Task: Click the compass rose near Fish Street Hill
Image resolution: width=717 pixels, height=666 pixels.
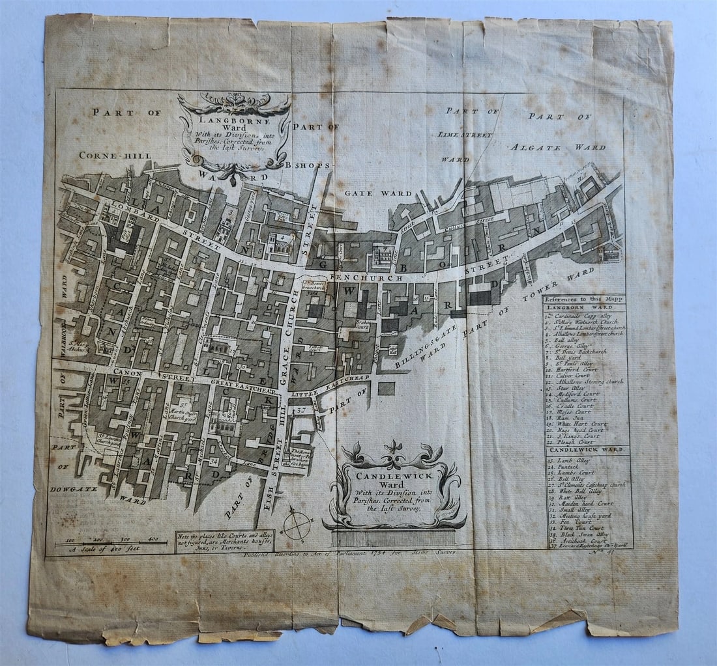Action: pos(297,525)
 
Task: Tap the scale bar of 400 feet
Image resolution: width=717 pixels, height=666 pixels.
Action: pos(111,543)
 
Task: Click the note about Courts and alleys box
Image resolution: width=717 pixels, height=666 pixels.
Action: pos(224,541)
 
